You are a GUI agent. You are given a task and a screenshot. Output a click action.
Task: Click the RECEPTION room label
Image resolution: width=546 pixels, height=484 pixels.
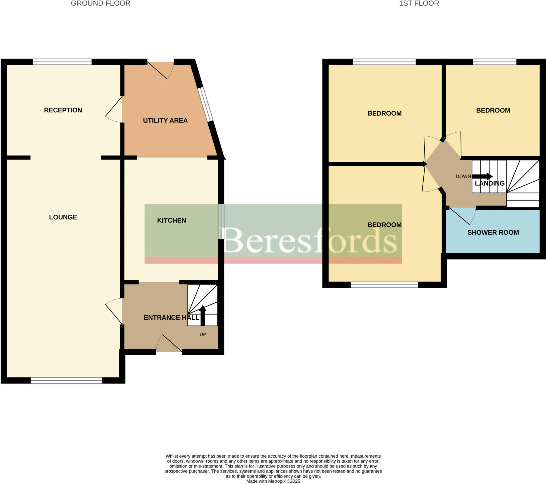(x=63, y=110)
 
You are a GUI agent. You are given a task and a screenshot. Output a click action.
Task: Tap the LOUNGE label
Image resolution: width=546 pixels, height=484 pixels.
(x=63, y=217)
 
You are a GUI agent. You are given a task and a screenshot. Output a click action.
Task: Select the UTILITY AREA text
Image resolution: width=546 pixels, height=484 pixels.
(x=165, y=120)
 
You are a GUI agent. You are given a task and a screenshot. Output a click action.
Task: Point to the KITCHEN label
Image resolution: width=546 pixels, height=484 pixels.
(x=171, y=220)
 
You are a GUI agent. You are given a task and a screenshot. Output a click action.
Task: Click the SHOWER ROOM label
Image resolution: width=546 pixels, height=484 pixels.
(x=493, y=232)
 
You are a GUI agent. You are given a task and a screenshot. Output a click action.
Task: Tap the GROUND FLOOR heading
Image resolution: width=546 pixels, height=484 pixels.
(x=101, y=3)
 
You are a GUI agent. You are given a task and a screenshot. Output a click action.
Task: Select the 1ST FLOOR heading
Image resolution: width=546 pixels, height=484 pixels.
(x=419, y=3)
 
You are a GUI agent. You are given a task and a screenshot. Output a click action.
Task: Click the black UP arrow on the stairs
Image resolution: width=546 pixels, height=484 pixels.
(x=202, y=316)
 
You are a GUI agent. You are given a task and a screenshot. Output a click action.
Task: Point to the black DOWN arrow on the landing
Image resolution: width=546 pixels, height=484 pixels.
(x=483, y=176)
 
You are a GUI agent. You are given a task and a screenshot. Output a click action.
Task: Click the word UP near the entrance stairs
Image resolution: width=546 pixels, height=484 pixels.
(x=203, y=335)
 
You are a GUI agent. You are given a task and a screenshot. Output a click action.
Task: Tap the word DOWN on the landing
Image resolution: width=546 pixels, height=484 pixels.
(x=463, y=176)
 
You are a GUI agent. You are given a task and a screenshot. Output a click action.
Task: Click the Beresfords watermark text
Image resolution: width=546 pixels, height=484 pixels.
(x=310, y=240)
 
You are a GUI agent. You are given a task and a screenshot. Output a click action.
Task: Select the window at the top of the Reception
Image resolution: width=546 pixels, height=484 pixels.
(x=62, y=62)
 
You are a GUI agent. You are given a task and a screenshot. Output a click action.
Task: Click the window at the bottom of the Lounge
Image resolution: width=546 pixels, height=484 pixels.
(x=66, y=381)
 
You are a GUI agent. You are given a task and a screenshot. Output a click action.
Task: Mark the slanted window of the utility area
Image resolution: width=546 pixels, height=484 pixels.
(x=206, y=104)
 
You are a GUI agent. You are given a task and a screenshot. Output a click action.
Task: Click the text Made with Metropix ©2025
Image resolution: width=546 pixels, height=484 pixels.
(x=273, y=481)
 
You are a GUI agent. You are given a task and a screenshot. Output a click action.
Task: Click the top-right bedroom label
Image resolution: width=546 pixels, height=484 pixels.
(x=493, y=110)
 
